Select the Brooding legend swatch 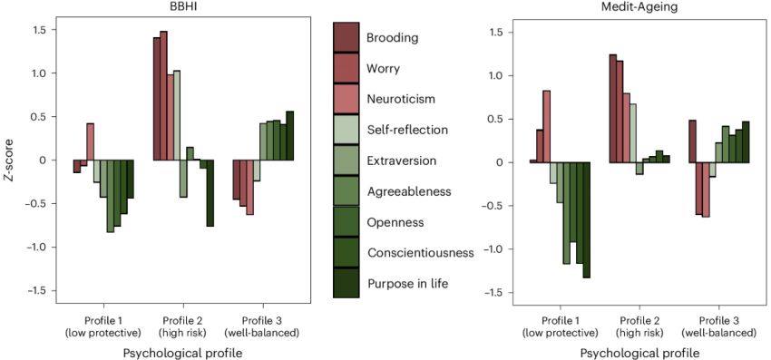pos(348,38)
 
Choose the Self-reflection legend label pos(407,130)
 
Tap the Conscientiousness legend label pos(420,253)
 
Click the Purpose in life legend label pos(408,284)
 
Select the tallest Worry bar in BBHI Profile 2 pos(164,96)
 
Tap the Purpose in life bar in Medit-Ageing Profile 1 pos(587,219)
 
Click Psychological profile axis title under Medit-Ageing pos(632,352)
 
